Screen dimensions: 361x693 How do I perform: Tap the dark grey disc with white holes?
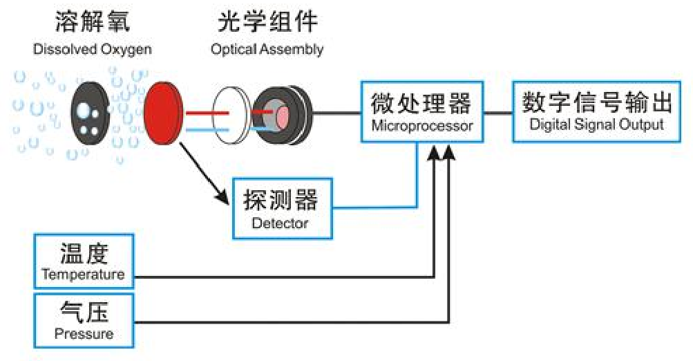point(90,111)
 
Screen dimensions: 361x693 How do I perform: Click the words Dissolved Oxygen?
point(92,49)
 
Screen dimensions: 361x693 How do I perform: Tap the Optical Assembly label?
point(267,49)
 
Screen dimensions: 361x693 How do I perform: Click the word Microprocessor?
point(422,126)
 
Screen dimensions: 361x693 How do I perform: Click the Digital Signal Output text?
point(597,124)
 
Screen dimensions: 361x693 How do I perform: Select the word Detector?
point(280,223)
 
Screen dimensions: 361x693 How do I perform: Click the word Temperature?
point(83,275)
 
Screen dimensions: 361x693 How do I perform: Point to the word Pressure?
point(84,334)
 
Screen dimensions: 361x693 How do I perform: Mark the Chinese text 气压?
point(84,313)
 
